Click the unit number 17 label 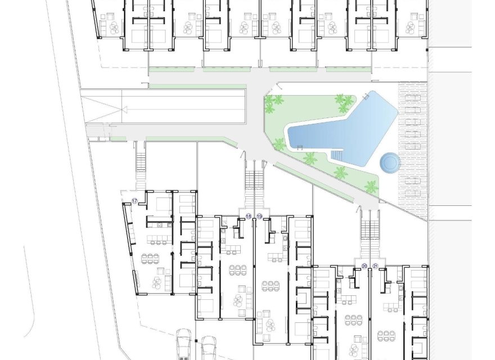[134, 201]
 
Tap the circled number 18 [249, 216]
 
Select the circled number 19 [259, 216]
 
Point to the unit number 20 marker [364, 265]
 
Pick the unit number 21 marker [375, 265]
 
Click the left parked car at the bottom [184, 344]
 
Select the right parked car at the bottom [209, 348]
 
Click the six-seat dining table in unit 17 [150, 259]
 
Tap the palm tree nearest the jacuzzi [371, 186]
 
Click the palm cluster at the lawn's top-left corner [274, 102]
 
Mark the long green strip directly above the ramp [197, 87]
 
